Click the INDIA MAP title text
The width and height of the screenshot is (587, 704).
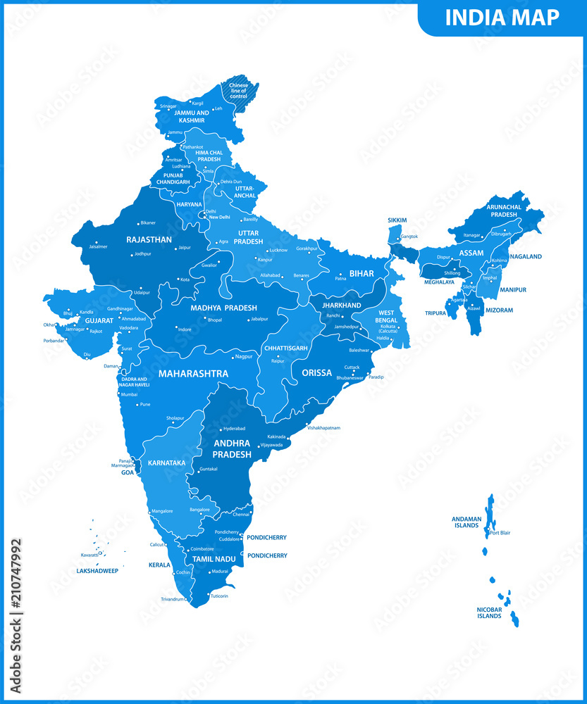coord(502,17)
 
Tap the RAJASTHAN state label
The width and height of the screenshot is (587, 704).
coord(149,239)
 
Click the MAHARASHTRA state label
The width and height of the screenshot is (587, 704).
coord(192,372)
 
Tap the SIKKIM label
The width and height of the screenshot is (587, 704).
coord(398,220)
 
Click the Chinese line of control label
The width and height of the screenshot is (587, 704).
coord(240,90)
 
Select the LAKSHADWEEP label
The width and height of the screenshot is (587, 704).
coord(97,571)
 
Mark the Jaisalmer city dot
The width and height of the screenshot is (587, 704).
coord(96,242)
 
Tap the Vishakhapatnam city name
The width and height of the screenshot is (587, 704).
coord(323,427)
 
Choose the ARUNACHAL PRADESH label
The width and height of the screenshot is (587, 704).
coord(503,210)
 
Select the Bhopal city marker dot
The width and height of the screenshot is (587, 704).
coord(205,318)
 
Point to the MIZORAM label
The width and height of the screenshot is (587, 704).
coord(498,310)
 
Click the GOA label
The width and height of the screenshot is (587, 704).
coord(127,472)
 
